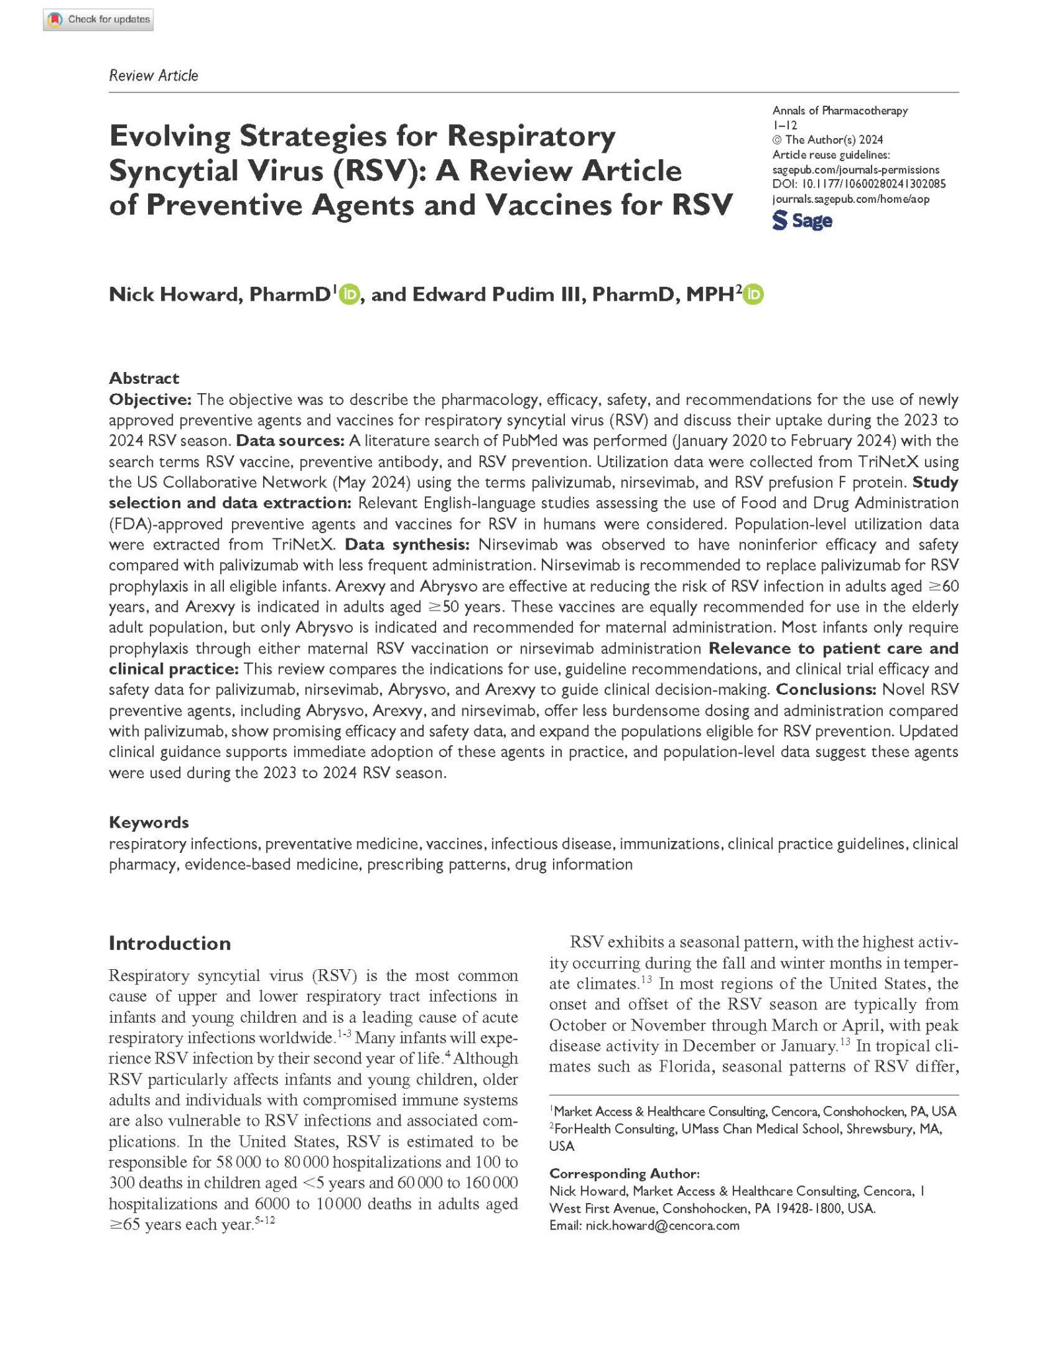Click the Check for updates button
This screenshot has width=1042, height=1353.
click(x=98, y=20)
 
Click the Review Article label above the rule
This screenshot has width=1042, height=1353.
click(x=153, y=75)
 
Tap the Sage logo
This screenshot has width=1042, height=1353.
click(x=802, y=221)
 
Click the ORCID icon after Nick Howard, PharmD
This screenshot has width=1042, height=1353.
click(x=349, y=294)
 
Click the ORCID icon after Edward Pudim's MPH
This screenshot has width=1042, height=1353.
click(x=753, y=294)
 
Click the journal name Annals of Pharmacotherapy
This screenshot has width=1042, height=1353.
click(x=840, y=110)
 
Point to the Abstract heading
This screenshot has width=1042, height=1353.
click(x=144, y=378)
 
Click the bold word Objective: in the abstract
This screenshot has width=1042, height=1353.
click(x=150, y=399)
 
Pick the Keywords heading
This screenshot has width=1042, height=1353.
click(x=149, y=823)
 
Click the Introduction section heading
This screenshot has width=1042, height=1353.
click(x=170, y=943)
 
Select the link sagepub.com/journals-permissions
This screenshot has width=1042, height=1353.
click(x=856, y=170)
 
